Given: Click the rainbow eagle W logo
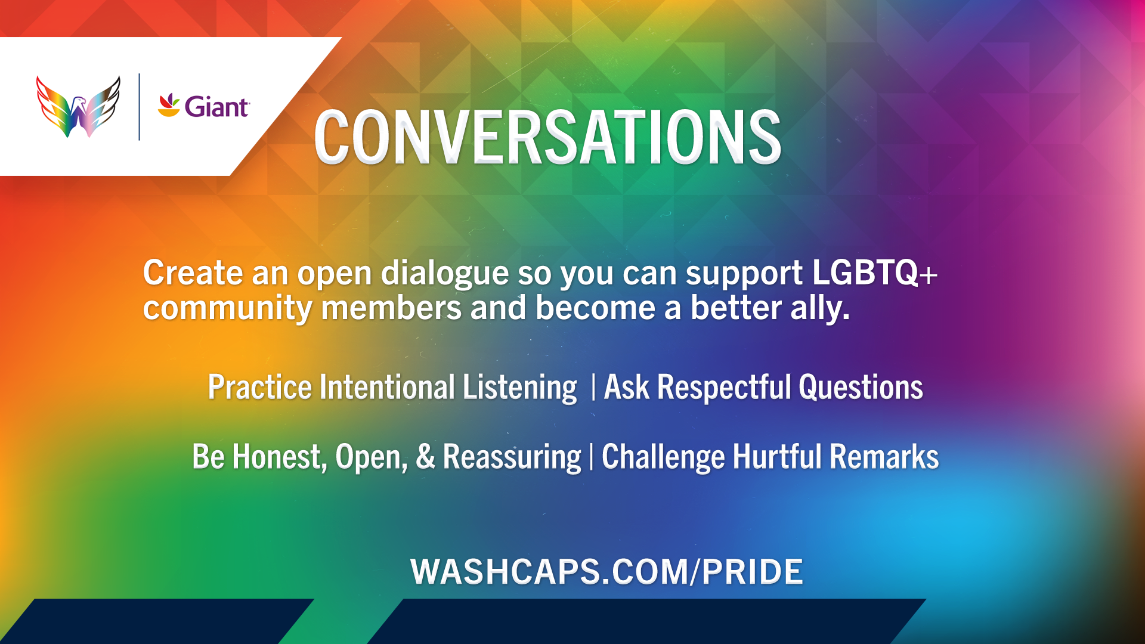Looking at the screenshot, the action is pos(78,107).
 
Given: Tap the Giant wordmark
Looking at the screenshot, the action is pos(216,107).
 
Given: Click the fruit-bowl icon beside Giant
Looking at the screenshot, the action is pos(169,105).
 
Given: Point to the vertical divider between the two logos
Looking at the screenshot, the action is pos(139,107).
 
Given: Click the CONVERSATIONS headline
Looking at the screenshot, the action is pos(547,137).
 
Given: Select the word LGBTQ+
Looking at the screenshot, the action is pos(875,273).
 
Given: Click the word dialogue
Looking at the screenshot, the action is pos(444,274).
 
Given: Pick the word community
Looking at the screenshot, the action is pos(227,309).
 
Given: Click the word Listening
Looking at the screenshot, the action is pos(520,388).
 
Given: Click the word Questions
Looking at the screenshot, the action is pos(861,388).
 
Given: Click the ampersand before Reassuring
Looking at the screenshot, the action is pos(425,457).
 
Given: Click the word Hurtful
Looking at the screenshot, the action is pos(777,457).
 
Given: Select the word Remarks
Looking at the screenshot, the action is pos(884,457).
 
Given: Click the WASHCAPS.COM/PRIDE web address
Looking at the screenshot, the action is pos(606,572).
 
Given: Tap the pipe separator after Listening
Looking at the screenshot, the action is pos(593,388).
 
